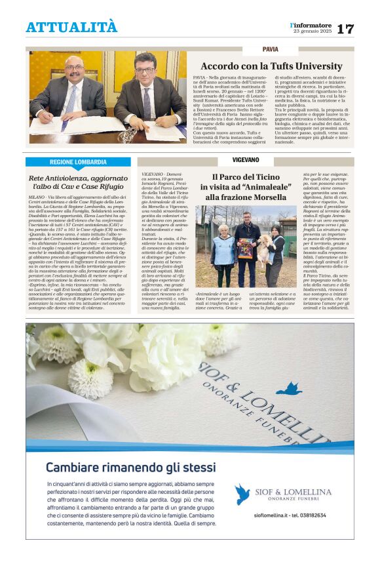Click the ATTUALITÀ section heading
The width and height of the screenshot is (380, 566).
71,27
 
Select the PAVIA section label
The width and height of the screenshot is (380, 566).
270,49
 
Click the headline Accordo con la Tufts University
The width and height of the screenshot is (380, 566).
271,66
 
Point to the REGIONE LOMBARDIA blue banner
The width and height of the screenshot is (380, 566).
78,162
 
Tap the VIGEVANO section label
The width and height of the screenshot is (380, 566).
245,159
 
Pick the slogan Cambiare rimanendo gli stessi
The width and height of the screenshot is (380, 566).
130,468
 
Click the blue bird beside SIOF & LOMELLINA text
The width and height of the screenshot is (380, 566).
242,494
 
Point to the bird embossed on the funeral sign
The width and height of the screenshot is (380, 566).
288,389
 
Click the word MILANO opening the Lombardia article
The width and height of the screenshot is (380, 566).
37,196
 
